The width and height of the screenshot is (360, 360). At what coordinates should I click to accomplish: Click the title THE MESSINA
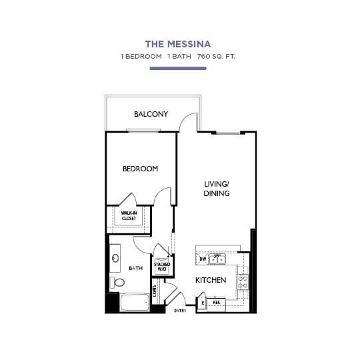178,44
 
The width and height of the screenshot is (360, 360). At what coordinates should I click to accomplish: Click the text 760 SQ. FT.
216,57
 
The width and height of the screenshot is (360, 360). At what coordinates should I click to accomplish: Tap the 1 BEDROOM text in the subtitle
141,57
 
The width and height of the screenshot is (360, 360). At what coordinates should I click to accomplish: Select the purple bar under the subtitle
178,68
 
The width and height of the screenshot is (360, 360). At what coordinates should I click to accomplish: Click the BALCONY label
151,114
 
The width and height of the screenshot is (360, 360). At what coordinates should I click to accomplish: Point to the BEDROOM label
140,169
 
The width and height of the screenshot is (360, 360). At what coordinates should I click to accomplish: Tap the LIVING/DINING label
217,189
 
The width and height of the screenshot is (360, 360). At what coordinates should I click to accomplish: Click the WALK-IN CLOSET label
129,216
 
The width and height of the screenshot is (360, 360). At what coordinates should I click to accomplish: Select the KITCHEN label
210,280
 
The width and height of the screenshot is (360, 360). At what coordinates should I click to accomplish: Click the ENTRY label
180,311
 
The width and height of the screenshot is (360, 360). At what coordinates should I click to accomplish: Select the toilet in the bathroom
119,283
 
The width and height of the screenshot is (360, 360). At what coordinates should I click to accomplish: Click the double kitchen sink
217,259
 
